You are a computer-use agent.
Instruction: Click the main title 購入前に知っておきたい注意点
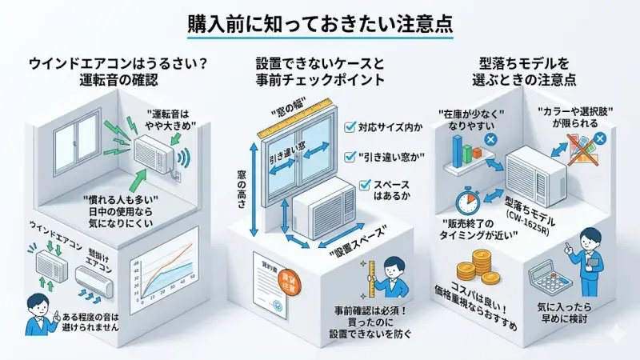click(320, 22)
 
